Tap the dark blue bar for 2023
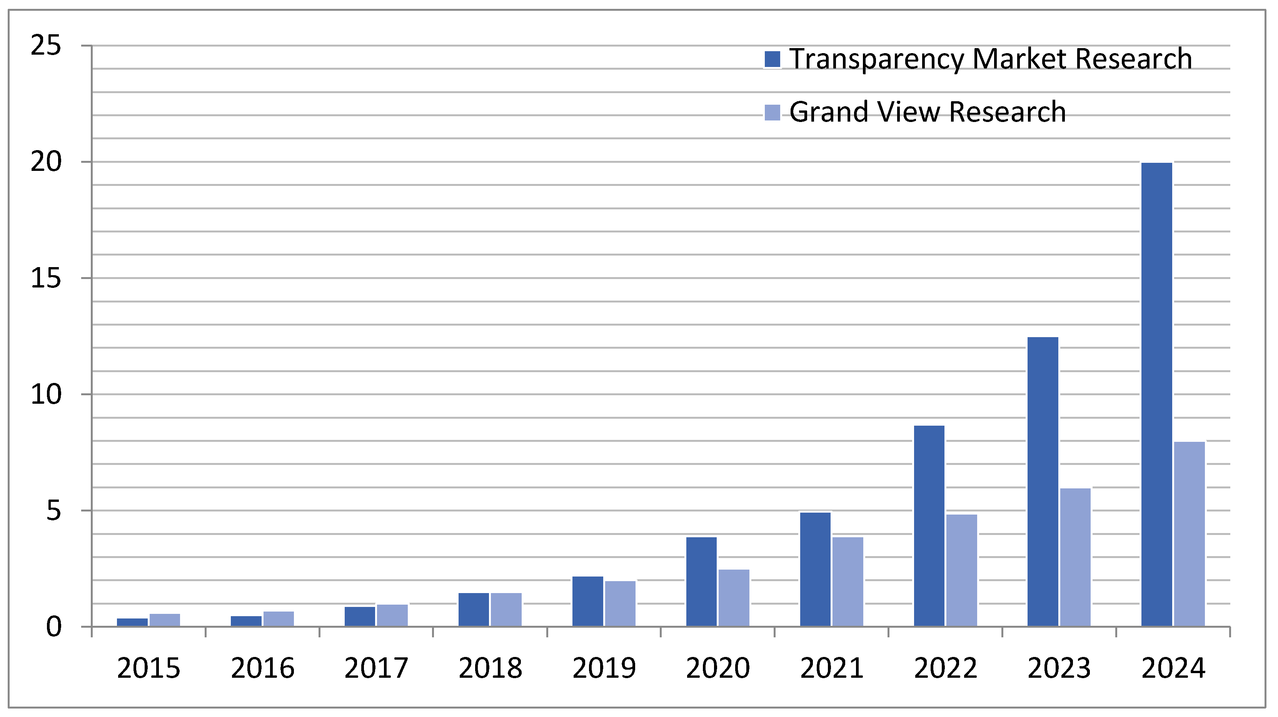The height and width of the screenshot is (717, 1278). [x=1043, y=481]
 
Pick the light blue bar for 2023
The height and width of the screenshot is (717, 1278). [x=1075, y=557]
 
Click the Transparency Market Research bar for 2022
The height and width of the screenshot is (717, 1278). [x=929, y=526]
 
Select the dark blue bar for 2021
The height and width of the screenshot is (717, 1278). [x=815, y=569]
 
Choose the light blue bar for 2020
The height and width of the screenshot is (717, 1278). [x=734, y=598]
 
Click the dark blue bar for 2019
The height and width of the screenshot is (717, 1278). [x=587, y=602]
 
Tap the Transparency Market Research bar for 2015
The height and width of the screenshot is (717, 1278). [x=132, y=622]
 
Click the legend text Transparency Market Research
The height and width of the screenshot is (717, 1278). [x=990, y=58]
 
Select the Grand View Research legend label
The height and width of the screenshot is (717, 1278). [x=927, y=112]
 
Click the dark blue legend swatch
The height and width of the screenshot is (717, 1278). [x=772, y=59]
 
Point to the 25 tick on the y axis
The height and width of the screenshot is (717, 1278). [x=46, y=46]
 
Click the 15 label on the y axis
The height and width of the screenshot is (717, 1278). [x=46, y=278]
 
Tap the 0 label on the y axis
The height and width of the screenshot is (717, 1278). [x=53, y=627]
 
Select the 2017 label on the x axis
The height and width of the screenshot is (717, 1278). [x=376, y=668]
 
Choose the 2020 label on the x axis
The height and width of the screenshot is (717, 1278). [x=717, y=668]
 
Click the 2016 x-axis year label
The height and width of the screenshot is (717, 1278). [x=262, y=668]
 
